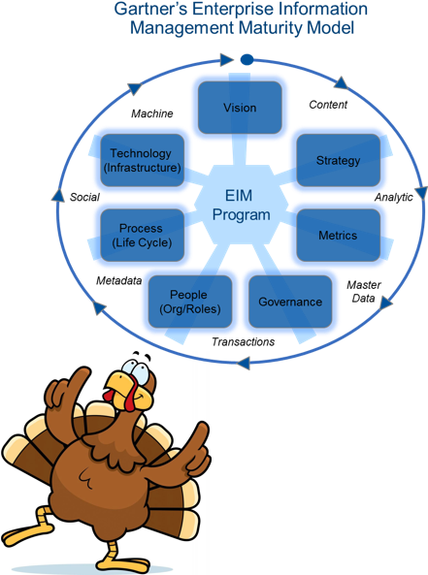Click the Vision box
pos(240,108)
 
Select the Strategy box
pos(338,159)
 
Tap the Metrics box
pos(338,235)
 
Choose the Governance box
pos(289,302)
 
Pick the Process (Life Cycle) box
pos(140,235)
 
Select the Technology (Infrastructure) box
pos(141,160)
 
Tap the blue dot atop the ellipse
pos(247,60)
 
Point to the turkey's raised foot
pos(23,534)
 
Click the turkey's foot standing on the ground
pos(125,557)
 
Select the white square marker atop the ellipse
pos(230,60)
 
